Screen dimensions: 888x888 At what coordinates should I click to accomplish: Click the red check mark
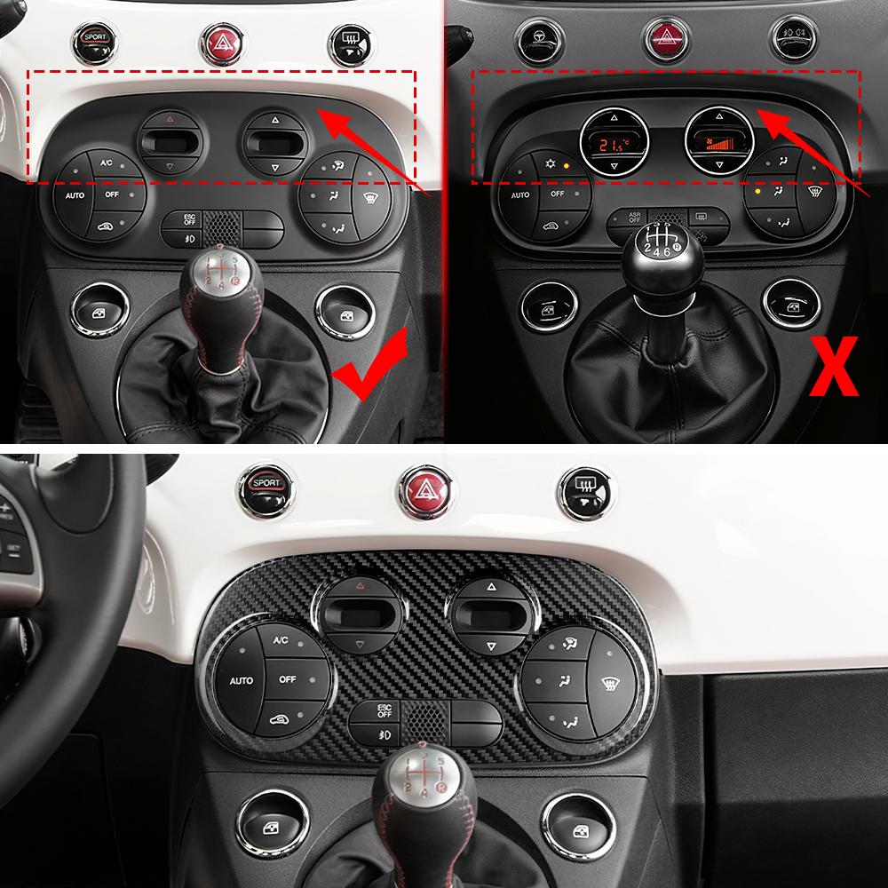pos(369,369)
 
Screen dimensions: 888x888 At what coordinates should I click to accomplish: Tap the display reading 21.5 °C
pos(611,142)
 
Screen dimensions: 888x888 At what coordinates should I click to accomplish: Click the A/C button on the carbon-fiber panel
pos(280,640)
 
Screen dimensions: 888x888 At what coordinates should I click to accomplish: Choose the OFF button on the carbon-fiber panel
pos(286,679)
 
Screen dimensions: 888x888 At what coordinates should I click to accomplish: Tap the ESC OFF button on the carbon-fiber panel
pos(385,710)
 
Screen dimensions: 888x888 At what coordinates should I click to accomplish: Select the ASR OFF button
pos(633,216)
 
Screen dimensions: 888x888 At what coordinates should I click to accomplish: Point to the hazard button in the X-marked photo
pos(660,36)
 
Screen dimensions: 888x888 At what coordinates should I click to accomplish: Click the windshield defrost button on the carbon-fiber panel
pos(610,684)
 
